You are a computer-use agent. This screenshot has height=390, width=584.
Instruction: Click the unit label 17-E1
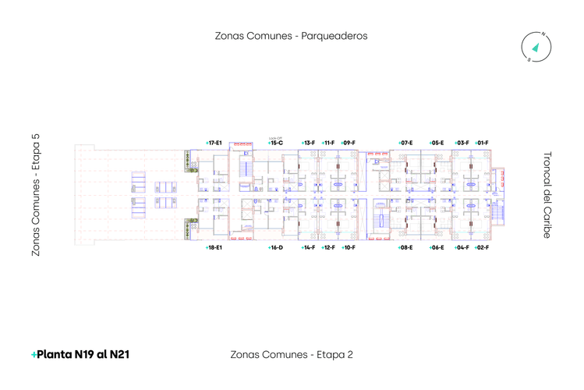point(214,143)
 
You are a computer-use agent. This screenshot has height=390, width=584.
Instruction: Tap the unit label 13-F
point(308,143)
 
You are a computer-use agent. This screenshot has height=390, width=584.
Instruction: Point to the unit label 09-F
point(348,143)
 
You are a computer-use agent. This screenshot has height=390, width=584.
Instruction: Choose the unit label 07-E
point(405,143)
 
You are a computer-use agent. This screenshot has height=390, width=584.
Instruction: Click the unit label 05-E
point(437,143)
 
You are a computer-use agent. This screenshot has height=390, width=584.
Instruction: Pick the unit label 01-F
point(482,143)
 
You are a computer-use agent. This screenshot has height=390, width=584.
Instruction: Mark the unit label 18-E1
point(214,247)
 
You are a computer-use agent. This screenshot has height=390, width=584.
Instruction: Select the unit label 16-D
point(275,247)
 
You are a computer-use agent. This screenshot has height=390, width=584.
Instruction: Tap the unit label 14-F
point(308,247)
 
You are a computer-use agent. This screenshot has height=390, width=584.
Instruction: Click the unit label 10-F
point(348,247)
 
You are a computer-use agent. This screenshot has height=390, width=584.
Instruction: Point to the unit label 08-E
point(405,247)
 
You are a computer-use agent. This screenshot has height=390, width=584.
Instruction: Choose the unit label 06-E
point(437,247)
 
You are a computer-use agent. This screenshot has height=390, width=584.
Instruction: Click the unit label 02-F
point(482,247)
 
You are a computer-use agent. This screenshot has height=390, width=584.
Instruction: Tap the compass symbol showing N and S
point(536,47)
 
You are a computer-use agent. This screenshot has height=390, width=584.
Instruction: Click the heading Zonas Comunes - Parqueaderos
point(291,36)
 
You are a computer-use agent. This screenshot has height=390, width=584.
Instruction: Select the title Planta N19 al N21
point(80,354)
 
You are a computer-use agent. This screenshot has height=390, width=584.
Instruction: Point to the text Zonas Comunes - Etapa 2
point(292,354)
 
